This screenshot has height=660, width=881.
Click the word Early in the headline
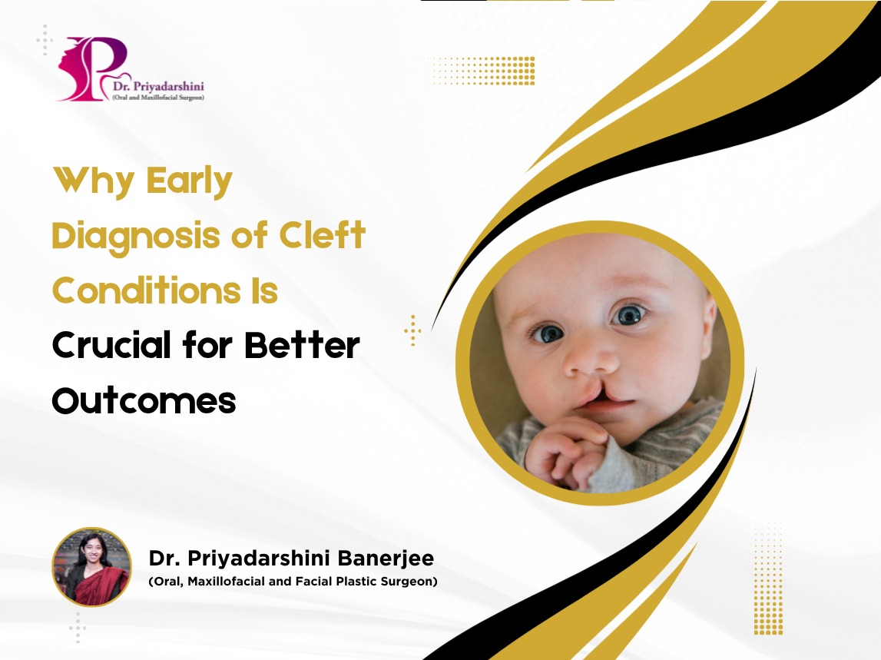(189, 181)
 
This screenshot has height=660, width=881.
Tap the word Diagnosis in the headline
(135, 236)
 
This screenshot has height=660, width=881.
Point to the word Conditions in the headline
(146, 290)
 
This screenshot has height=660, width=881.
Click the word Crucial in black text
(111, 345)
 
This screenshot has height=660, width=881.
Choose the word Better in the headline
(302, 345)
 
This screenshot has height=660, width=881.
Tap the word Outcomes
(144, 400)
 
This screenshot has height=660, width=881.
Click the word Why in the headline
(94, 181)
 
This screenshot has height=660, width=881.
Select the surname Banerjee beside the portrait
(386, 559)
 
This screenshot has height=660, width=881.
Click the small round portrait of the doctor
(91, 567)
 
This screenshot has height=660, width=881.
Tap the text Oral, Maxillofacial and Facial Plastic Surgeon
(293, 582)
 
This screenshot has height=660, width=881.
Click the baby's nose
(590, 363)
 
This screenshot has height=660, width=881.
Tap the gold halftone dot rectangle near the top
(481, 70)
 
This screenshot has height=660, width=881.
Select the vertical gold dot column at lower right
(768, 579)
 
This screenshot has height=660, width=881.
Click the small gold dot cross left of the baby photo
(412, 330)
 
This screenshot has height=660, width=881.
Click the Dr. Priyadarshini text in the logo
(158, 87)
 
